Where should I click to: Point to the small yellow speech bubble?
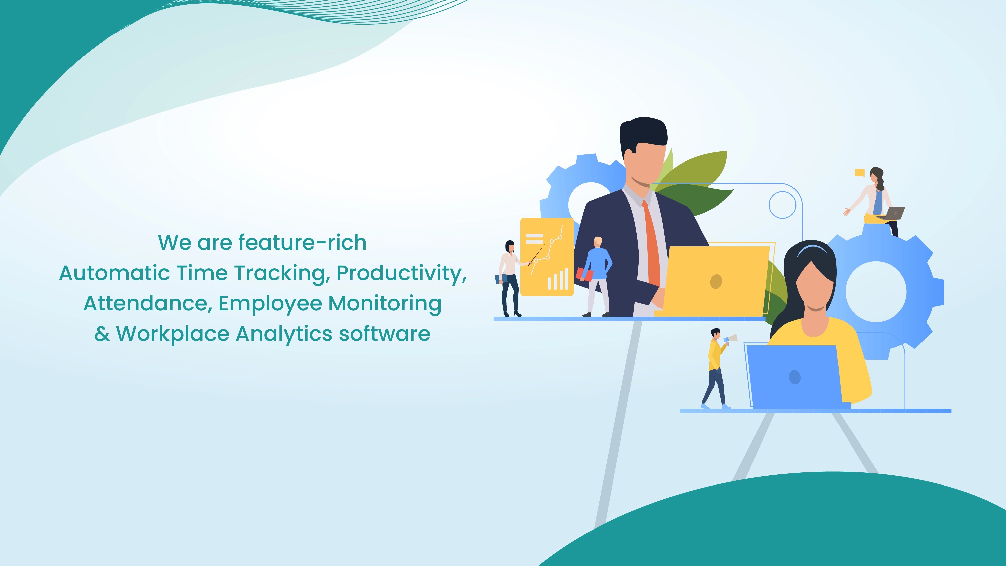point(859,173)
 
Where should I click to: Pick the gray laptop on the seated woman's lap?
point(895,213)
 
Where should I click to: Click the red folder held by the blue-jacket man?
point(585,274)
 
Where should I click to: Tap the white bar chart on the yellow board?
point(558,279)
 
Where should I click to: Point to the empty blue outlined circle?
point(782,205)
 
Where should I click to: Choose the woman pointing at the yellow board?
point(510,277)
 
